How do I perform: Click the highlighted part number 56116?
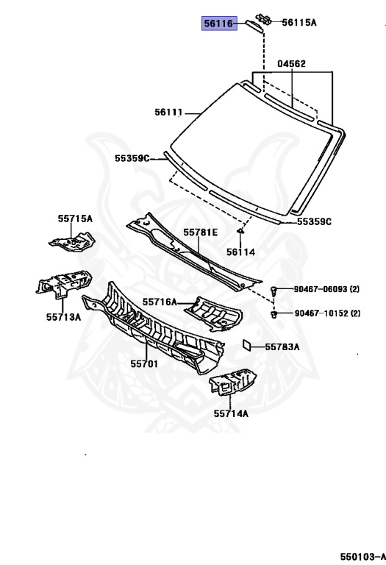pos(219,24)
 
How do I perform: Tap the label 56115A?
pos(299,23)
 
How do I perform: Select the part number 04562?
pos(291,64)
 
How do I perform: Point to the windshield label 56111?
pos(169,113)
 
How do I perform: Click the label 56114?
pos(240,252)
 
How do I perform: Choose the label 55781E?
pos(201,232)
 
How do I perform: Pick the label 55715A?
pos(75,218)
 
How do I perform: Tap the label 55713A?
pos(63,317)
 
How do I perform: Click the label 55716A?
pos(160,302)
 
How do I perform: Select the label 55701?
pos(144,364)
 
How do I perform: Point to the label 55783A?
pos(282,347)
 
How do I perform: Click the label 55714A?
pos(231,413)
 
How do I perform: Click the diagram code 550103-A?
pos(362,557)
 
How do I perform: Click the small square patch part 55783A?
pos(246,344)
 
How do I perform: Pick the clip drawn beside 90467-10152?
pos(274,314)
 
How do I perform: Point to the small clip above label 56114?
pos(240,230)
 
